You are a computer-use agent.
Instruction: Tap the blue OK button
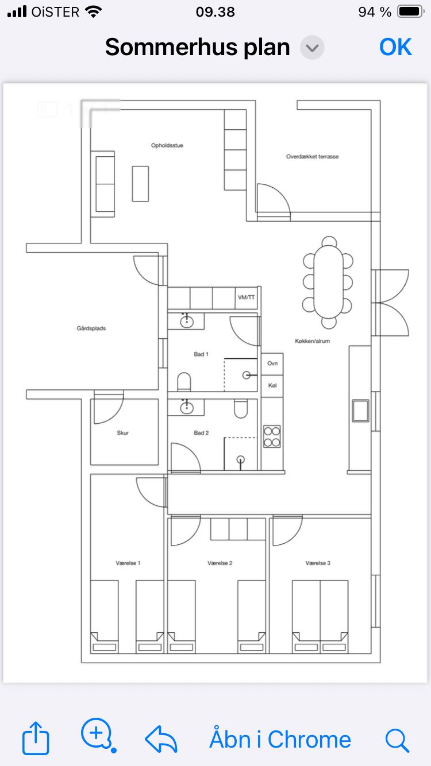(x=395, y=47)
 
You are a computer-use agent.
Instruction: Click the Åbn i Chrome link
(x=280, y=740)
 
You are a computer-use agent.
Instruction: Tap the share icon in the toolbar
(x=36, y=738)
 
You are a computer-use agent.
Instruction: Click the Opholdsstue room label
(x=167, y=145)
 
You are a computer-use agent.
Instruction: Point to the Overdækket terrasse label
(x=312, y=157)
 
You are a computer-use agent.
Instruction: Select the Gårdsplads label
(x=91, y=328)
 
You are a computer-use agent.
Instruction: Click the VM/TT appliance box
(x=246, y=298)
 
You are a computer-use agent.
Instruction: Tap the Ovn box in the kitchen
(x=272, y=364)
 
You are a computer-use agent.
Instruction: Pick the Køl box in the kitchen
(x=272, y=386)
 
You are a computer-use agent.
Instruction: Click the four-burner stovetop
(x=272, y=436)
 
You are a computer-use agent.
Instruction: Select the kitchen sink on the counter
(x=360, y=411)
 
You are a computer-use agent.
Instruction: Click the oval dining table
(x=328, y=282)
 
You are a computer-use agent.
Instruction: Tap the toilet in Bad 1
(x=184, y=382)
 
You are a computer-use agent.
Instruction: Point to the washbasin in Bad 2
(x=187, y=407)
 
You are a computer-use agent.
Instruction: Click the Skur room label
(x=122, y=433)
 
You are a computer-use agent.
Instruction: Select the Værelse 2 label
(x=220, y=563)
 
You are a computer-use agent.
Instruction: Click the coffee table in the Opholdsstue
(x=140, y=184)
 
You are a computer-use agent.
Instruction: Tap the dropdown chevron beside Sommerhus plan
(x=312, y=48)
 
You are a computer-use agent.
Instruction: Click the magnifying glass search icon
(x=397, y=740)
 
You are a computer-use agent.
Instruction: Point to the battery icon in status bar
(x=410, y=12)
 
